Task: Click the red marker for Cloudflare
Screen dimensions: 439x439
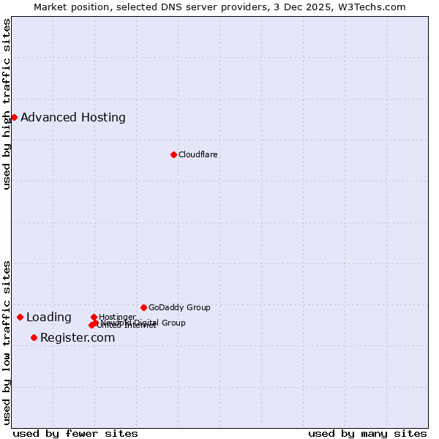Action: click(x=173, y=154)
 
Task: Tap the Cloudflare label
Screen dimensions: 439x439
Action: click(x=198, y=154)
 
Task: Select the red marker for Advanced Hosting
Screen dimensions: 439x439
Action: click(x=14, y=117)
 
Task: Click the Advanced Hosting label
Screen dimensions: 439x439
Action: click(x=73, y=117)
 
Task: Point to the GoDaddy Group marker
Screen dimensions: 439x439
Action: click(x=143, y=307)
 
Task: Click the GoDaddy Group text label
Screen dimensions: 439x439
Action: click(x=179, y=307)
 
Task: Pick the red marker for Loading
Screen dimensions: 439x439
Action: click(x=20, y=317)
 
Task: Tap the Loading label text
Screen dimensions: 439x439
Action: click(x=49, y=318)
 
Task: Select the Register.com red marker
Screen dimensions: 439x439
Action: click(x=34, y=337)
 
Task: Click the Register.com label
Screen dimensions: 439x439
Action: click(x=78, y=337)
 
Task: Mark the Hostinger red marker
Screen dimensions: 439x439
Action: click(x=94, y=317)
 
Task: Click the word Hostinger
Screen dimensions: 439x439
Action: click(x=117, y=317)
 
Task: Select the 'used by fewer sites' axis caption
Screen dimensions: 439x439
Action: click(x=75, y=433)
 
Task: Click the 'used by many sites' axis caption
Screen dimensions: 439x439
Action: click(x=367, y=433)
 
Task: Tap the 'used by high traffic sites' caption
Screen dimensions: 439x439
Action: click(x=7, y=104)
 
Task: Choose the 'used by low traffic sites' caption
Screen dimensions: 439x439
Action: click(x=7, y=342)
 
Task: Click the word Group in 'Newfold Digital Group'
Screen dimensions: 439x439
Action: click(x=173, y=323)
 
